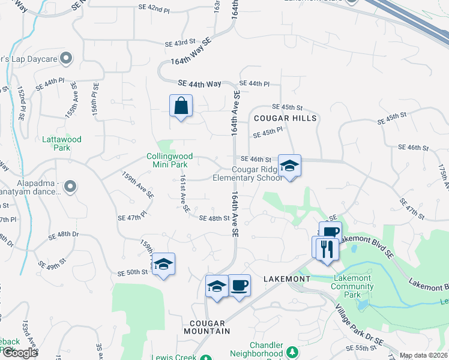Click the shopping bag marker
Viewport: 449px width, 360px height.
click(181, 107)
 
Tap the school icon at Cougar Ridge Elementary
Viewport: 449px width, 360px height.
click(289, 166)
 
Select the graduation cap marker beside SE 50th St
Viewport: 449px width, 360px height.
click(163, 265)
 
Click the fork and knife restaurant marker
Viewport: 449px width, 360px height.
click(327, 248)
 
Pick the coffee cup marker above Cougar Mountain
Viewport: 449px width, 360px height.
click(239, 285)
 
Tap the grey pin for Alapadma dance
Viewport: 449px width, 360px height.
click(70, 186)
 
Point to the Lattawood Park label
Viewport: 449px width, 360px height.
click(62, 143)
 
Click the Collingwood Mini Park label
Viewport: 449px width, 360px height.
click(167, 160)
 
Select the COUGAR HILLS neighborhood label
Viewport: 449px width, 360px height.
click(285, 118)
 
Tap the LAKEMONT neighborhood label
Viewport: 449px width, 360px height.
click(287, 279)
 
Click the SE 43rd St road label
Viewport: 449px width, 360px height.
click(181, 44)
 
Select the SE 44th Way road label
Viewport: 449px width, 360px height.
click(199, 85)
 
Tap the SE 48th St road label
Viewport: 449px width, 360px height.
click(214, 218)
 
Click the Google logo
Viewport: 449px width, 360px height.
click(20, 353)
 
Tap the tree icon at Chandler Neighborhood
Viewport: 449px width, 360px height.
click(292, 351)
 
